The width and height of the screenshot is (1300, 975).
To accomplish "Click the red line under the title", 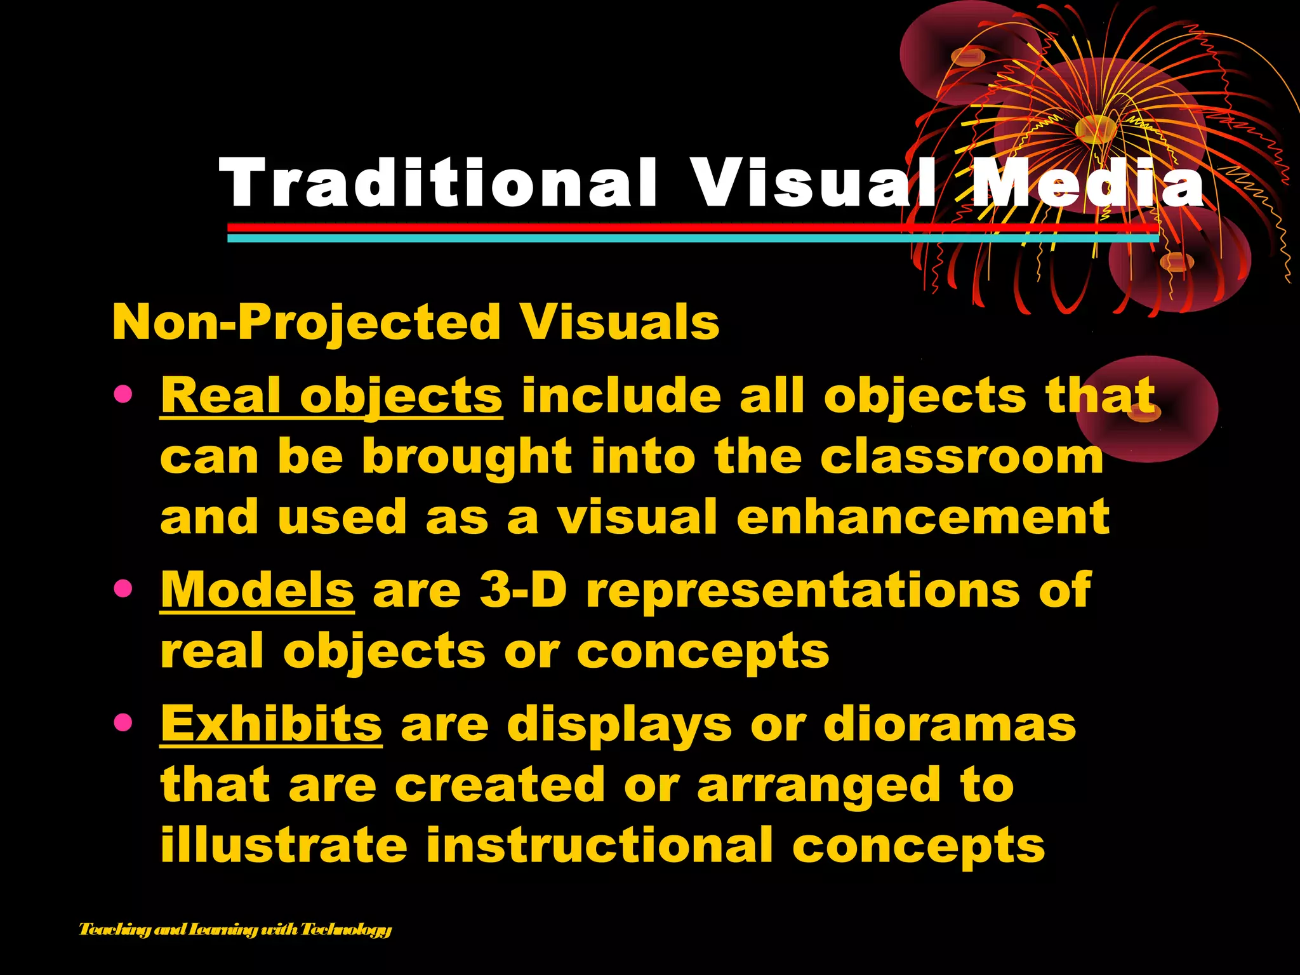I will coord(635,227).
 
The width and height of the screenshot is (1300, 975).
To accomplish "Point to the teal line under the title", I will coord(635,239).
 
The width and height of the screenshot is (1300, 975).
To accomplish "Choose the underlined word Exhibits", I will coord(271,724).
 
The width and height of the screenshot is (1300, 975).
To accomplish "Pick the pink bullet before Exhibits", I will coord(123,722).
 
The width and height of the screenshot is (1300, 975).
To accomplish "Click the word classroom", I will coord(962,457).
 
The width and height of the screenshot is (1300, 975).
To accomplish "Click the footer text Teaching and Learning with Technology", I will coord(235,930).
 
